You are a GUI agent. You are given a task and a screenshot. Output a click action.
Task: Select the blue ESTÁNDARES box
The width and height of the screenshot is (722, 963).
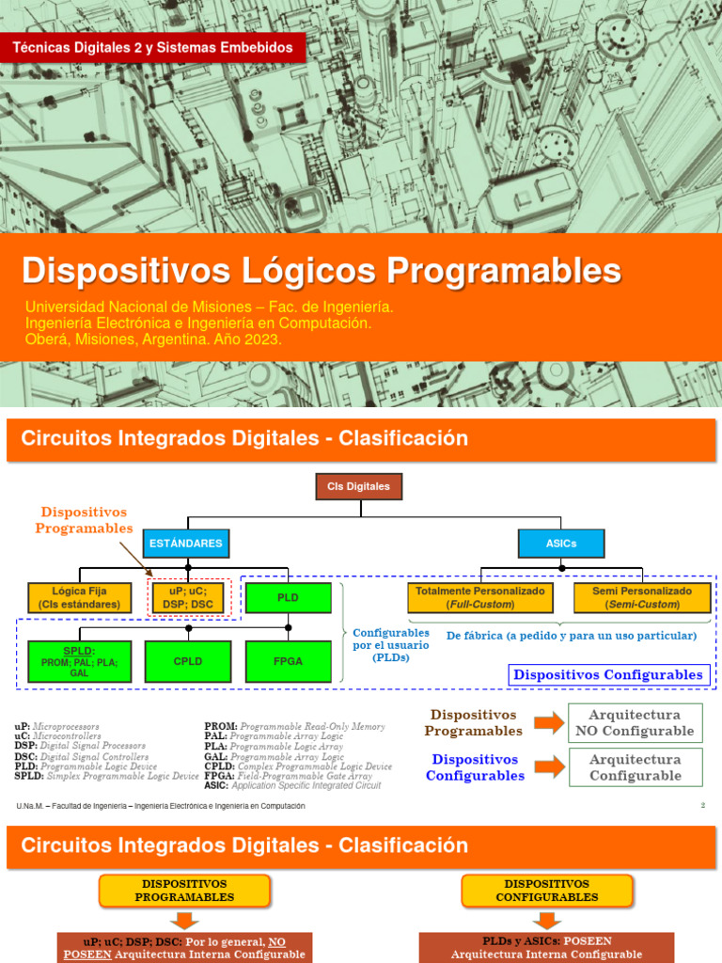point(185,543)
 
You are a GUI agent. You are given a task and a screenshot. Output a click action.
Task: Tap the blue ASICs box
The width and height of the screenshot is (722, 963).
point(561,543)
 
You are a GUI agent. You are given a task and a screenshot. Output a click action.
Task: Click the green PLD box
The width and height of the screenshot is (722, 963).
point(288,598)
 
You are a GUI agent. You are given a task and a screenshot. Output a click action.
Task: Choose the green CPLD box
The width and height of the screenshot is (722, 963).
point(188,661)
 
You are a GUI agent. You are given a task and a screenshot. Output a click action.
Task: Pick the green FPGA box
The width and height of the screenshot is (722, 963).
point(288,661)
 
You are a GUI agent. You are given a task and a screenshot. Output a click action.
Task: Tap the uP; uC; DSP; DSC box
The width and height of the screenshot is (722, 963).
point(189,598)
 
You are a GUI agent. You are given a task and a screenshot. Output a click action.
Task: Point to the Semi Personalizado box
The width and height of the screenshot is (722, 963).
point(642,598)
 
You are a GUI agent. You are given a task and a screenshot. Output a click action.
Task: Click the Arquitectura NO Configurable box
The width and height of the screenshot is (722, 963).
point(636,723)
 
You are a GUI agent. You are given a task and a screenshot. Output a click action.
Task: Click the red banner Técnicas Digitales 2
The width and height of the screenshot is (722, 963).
point(152,47)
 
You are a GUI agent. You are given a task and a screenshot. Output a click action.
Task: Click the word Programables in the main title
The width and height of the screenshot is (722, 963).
point(504,271)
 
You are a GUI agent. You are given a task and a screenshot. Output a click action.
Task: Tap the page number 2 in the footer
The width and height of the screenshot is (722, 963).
point(702,805)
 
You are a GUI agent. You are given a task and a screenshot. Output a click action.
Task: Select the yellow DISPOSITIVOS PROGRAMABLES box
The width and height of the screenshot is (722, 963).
point(184,891)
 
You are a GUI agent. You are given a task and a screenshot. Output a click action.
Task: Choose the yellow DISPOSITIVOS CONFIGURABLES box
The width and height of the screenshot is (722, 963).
point(547,891)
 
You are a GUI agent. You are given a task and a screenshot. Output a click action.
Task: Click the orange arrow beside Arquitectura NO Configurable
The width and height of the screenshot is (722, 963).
point(549,723)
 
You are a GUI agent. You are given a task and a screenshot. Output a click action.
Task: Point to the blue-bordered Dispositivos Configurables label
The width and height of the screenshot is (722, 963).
point(608,674)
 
